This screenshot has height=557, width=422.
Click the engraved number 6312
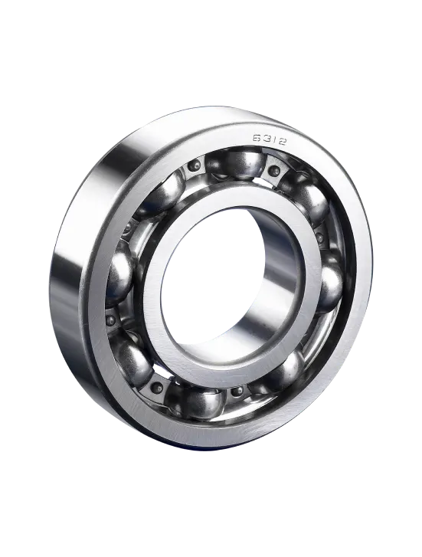pos(270,139)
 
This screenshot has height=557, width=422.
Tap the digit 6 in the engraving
pos(257,137)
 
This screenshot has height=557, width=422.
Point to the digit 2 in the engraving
pos(282,142)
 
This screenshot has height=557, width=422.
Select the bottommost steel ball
pos(201,403)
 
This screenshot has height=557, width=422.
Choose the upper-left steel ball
pos(163,194)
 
